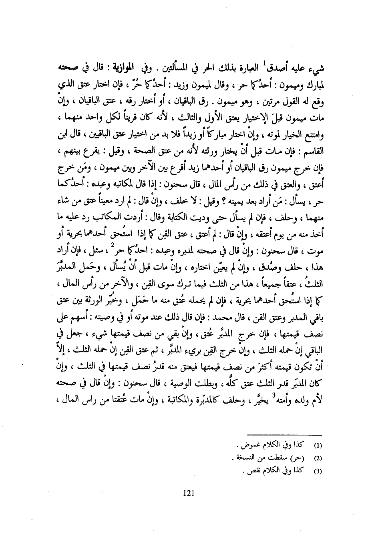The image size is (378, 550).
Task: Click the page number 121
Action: pos(188,493)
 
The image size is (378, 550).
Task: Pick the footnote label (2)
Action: pos(319,458)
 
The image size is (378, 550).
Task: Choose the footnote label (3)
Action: pos(319,471)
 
